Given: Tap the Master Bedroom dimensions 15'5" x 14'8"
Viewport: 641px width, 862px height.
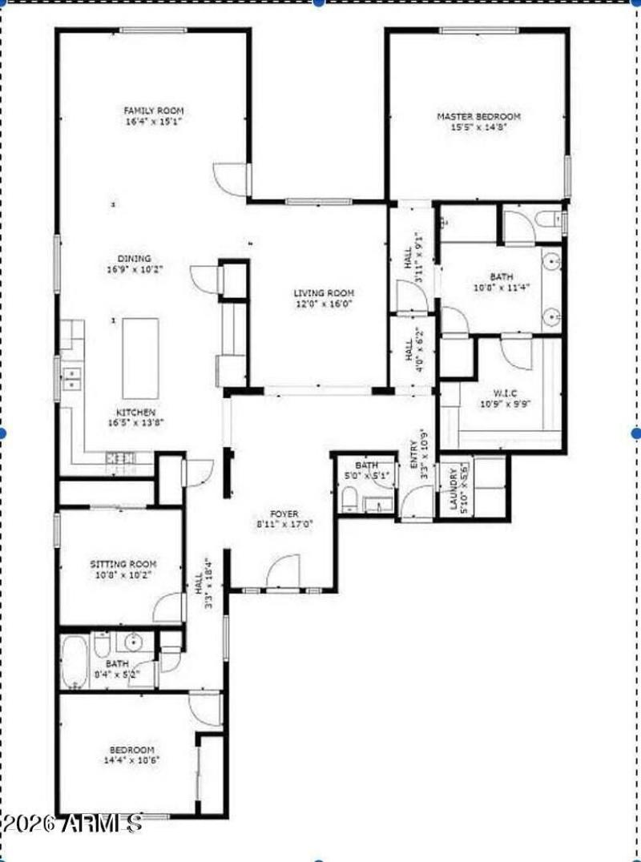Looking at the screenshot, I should click(x=478, y=127).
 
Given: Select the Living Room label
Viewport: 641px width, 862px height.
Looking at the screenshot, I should click(x=323, y=293).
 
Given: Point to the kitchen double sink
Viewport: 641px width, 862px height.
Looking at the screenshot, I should click(x=71, y=378).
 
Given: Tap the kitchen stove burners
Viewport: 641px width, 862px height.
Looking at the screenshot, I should click(x=121, y=458).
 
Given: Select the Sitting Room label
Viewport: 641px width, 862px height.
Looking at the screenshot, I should click(x=123, y=564).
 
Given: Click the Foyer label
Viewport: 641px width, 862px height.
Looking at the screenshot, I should click(x=284, y=514).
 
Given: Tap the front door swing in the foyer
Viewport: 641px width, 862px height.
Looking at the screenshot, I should click(x=283, y=570).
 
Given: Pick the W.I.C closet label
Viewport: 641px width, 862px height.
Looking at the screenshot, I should click(x=506, y=393).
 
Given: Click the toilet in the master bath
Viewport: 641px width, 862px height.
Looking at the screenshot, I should click(x=550, y=219).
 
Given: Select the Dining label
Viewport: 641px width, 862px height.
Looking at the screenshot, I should click(x=134, y=259).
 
